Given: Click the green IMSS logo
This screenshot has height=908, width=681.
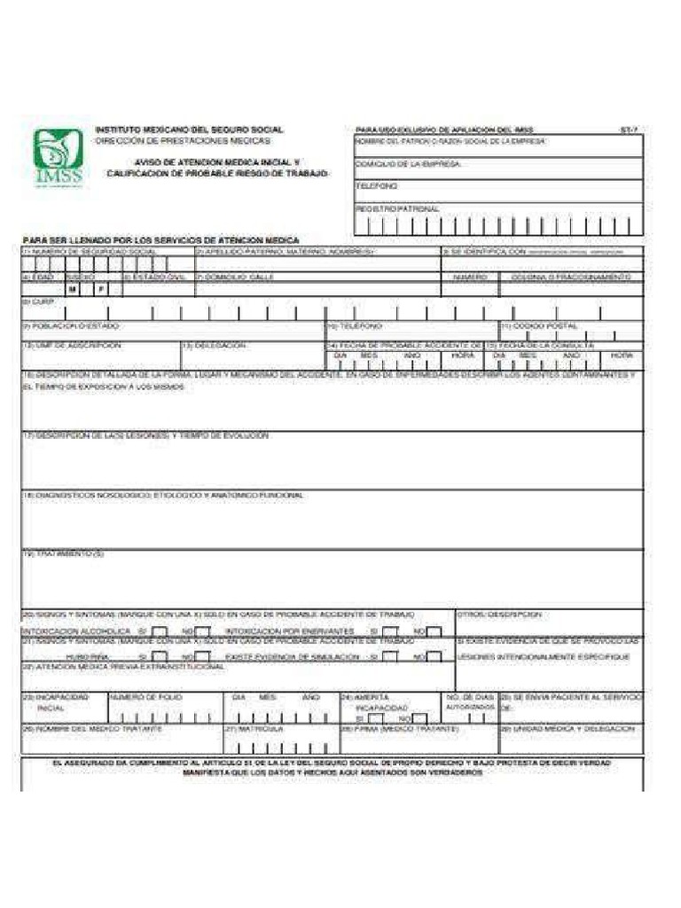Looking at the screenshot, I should (59, 160).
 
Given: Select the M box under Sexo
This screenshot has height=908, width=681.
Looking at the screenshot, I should (74, 289).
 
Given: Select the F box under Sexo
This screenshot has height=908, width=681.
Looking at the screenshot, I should (100, 289).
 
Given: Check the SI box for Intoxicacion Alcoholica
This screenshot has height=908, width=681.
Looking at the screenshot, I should (160, 631).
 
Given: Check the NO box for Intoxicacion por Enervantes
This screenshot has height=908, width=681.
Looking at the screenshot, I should (434, 631).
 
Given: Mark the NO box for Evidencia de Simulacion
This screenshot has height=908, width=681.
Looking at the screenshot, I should (434, 656).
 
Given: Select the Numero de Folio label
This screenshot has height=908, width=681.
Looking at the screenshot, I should (145, 698).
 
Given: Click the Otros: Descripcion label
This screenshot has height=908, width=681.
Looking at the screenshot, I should (499, 614).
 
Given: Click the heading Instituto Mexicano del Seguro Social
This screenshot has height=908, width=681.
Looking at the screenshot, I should (189, 130).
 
